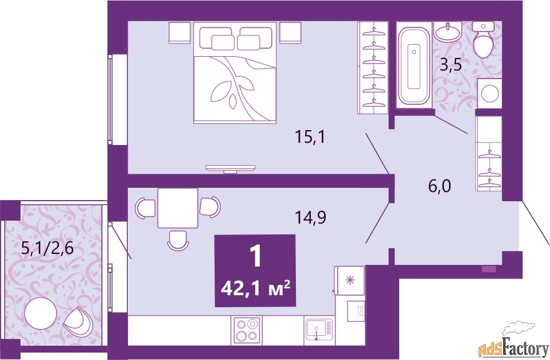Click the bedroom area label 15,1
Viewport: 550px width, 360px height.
click(x=310, y=137)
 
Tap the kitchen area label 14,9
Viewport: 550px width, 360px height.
click(x=310, y=218)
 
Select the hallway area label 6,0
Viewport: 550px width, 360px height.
click(x=439, y=186)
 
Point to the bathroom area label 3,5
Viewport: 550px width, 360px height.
click(x=450, y=65)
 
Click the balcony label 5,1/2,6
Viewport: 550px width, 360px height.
click(x=48, y=249)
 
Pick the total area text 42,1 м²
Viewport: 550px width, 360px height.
click(x=255, y=289)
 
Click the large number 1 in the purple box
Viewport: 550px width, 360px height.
click(x=256, y=257)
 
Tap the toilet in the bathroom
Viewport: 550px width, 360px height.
click(x=483, y=39)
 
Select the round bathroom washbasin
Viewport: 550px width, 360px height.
click(x=447, y=32)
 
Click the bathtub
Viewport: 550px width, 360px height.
click(x=414, y=65)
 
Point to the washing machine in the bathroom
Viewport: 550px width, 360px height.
click(x=490, y=93)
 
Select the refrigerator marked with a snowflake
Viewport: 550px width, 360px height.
click(x=349, y=280)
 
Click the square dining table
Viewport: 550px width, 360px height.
click(x=178, y=208)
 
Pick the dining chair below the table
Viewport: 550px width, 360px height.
click(x=178, y=240)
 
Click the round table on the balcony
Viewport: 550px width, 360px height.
click(x=41, y=314)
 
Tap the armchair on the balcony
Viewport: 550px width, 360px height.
click(x=77, y=322)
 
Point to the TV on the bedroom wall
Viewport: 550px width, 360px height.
click(x=231, y=169)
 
